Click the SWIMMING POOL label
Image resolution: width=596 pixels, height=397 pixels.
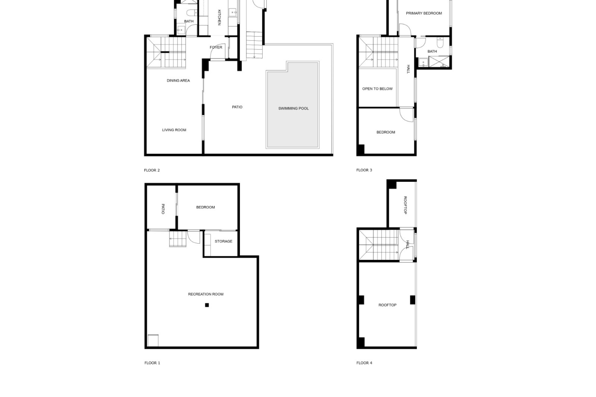click(x=293, y=109)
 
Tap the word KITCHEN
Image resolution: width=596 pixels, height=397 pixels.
click(x=219, y=17)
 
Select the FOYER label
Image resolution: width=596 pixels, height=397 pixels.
click(x=216, y=47)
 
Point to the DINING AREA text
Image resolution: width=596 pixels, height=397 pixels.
click(x=178, y=81)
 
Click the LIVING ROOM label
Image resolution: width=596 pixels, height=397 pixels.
click(x=174, y=130)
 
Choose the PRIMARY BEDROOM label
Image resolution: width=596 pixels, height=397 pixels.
click(x=424, y=13)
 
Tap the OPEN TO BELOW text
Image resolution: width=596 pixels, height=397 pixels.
click(x=377, y=89)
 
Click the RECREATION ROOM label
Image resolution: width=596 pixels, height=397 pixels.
click(x=206, y=294)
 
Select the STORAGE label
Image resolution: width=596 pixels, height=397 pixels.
click(x=223, y=241)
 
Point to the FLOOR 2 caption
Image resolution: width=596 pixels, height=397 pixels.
click(x=152, y=170)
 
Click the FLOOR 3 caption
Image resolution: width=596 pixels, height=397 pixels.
click(x=364, y=170)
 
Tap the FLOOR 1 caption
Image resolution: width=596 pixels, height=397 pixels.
click(x=152, y=363)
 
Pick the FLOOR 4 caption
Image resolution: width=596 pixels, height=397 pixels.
click(x=364, y=363)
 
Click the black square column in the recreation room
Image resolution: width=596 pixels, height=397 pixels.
click(x=207, y=305)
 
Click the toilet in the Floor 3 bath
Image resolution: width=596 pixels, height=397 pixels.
click(x=440, y=42)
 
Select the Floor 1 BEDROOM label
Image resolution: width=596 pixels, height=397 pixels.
click(x=205, y=207)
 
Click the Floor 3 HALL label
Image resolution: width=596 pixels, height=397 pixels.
click(x=409, y=69)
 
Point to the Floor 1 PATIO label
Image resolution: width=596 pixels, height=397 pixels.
click(x=163, y=209)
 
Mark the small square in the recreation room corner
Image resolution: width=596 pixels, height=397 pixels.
click(x=153, y=340)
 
